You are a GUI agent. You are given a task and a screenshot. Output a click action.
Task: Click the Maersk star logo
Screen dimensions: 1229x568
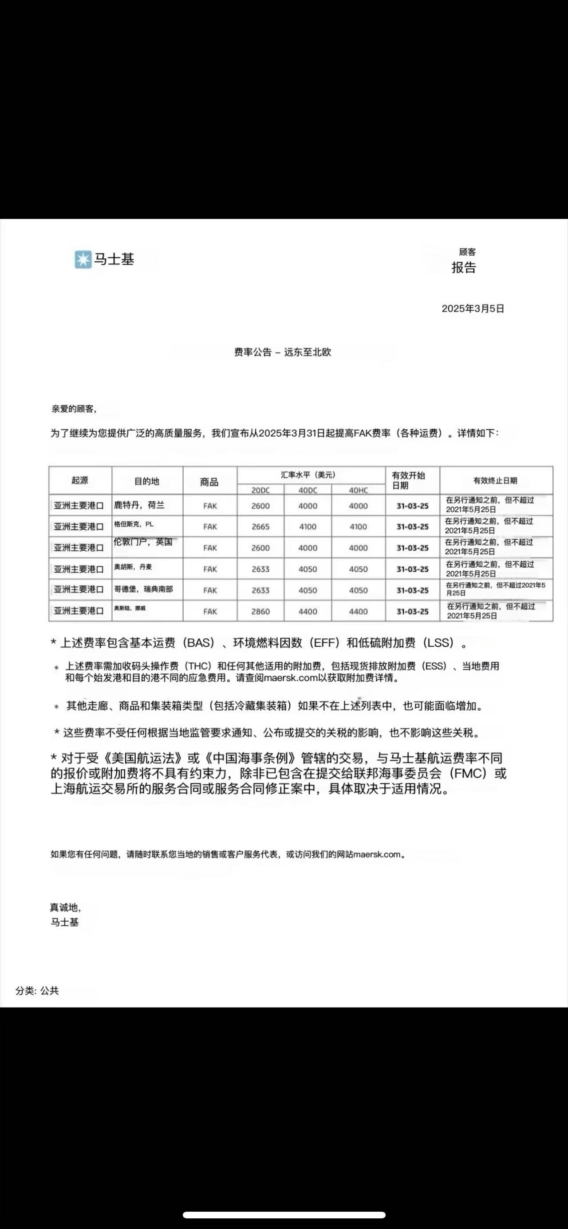click(x=83, y=260)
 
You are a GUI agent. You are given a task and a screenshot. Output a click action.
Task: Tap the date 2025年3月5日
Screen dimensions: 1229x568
click(x=473, y=308)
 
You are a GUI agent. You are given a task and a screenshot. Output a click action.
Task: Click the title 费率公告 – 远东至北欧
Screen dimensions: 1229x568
click(x=282, y=352)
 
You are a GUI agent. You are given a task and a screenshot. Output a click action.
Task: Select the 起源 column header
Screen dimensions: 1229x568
click(x=79, y=480)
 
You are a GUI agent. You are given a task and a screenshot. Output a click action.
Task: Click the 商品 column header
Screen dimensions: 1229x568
click(x=209, y=482)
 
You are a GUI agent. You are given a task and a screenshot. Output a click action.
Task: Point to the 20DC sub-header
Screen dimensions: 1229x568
click(x=260, y=490)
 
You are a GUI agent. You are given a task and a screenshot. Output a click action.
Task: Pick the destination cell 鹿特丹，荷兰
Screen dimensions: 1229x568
click(x=139, y=505)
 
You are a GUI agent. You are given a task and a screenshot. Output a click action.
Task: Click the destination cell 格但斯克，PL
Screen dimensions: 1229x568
click(x=134, y=524)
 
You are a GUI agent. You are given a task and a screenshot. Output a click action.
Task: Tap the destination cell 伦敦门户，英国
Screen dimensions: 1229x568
click(x=142, y=542)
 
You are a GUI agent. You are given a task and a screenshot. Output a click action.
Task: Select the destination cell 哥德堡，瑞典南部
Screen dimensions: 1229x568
click(x=143, y=589)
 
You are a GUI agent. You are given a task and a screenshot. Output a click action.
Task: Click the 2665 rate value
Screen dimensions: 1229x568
click(x=260, y=527)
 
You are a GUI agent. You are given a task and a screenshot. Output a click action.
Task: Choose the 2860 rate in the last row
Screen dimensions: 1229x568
click(x=260, y=612)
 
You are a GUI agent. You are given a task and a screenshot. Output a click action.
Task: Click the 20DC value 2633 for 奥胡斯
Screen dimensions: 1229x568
click(x=260, y=569)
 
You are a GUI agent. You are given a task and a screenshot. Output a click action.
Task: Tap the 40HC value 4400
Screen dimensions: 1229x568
click(x=358, y=612)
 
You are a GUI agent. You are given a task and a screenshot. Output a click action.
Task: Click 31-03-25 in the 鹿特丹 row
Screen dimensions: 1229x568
click(x=413, y=506)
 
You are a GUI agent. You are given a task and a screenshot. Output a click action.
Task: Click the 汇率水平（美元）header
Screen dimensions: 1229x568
click(x=308, y=475)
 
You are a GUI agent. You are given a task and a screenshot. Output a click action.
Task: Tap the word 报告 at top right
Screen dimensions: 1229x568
click(x=464, y=268)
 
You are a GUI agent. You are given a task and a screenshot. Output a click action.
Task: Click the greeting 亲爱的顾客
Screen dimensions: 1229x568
click(x=74, y=409)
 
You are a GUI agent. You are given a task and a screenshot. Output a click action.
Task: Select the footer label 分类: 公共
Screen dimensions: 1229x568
click(x=37, y=991)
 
